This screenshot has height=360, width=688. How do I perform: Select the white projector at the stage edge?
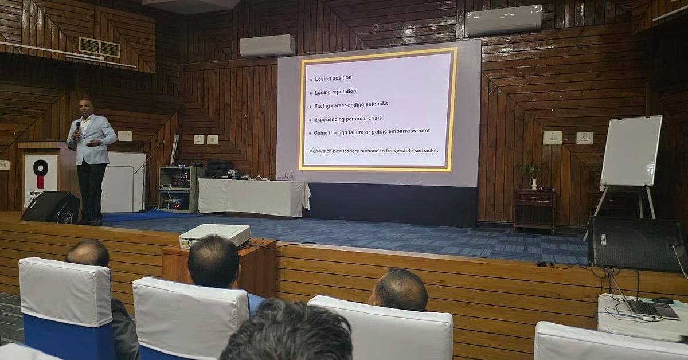tap(214, 234)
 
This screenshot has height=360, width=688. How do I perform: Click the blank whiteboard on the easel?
tap(631, 150)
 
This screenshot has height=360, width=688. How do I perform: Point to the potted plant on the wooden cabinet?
tap(531, 173)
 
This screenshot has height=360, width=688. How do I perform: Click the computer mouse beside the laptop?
tap(663, 300)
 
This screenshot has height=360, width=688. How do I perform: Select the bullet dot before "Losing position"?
tap(310, 79)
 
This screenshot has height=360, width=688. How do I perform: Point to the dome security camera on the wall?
tap(377, 27)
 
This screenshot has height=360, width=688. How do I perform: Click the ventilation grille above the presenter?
tap(99, 48)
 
